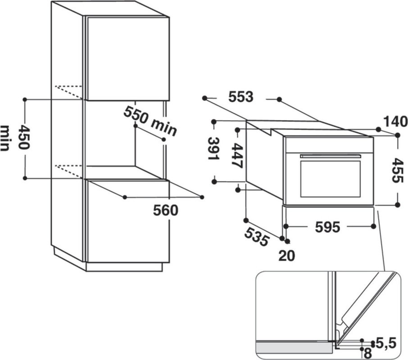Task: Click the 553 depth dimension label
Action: (x=240, y=97)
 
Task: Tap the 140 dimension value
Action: (x=395, y=121)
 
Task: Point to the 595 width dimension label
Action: (x=327, y=227)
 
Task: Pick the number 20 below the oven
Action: (x=287, y=256)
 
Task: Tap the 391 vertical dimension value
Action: (x=214, y=148)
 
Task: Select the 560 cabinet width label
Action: (x=165, y=210)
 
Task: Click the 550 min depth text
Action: (x=150, y=121)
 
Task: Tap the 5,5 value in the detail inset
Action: (x=386, y=343)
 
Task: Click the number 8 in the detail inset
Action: (x=367, y=354)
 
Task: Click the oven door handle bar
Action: (x=331, y=156)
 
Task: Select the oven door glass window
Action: (x=331, y=179)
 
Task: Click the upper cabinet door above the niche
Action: (x=128, y=59)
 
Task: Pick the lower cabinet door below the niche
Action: (x=128, y=221)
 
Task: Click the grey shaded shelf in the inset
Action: (x=294, y=347)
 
